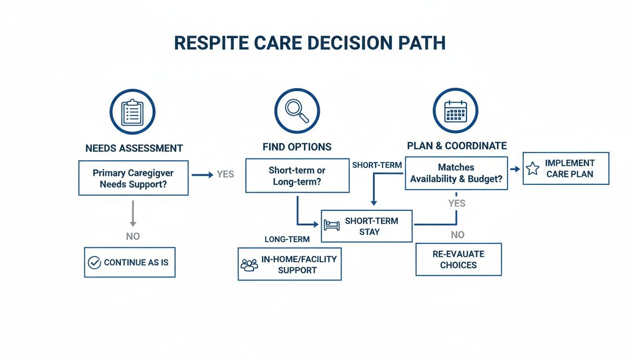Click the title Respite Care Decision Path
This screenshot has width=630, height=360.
click(x=309, y=43)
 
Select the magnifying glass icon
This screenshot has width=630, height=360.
click(x=297, y=111)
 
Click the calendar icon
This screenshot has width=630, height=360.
click(x=455, y=111)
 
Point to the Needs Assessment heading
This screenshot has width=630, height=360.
click(x=134, y=148)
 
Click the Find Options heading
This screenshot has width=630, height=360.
click(x=297, y=147)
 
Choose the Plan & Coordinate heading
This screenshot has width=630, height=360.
click(x=457, y=146)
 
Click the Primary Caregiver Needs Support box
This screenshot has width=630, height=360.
click(x=133, y=178)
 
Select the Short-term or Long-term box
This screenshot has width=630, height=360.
click(x=297, y=176)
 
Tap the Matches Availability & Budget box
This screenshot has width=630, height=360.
click(x=456, y=173)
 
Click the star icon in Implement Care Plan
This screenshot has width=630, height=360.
click(x=532, y=169)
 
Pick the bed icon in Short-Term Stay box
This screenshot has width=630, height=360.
click(x=331, y=225)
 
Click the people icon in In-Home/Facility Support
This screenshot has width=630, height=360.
click(x=249, y=265)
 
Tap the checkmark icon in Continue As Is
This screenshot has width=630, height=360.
click(x=94, y=262)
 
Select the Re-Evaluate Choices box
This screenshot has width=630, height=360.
click(x=458, y=259)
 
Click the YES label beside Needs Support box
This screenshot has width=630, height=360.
click(x=225, y=174)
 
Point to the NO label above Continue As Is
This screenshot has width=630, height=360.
click(x=133, y=236)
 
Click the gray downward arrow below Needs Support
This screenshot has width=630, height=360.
click(x=133, y=213)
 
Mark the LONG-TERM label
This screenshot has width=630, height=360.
click(x=287, y=240)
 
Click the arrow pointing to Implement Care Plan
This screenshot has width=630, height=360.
click(x=515, y=169)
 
